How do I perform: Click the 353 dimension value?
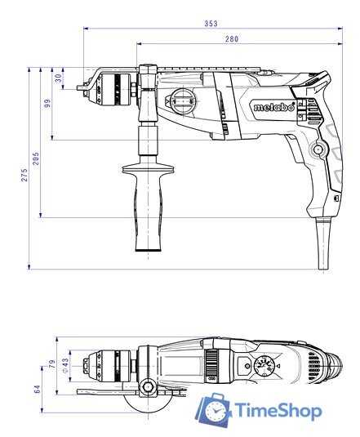tap(211, 23)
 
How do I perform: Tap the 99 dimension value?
tap(47, 103)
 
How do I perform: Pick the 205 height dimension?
tap(36, 156)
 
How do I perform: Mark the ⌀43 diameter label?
tap(64, 361)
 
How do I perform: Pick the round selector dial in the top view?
tap(266, 367)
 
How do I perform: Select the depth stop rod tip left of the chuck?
tap(82, 82)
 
